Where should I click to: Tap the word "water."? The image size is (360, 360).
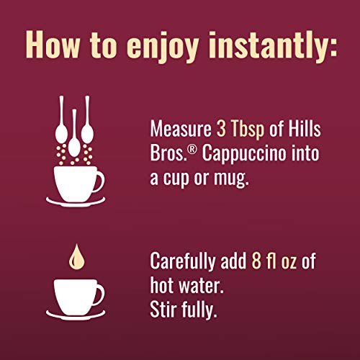tap(203, 284)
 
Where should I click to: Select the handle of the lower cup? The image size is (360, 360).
tap(99, 293)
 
